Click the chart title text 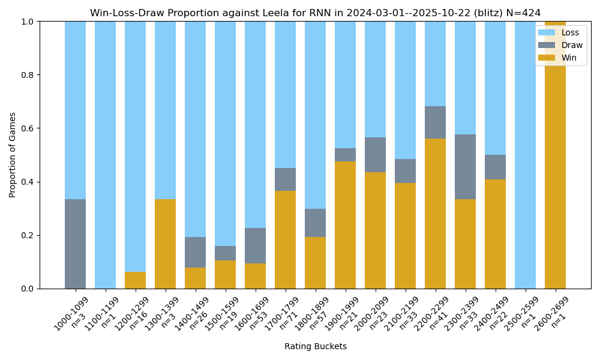315,13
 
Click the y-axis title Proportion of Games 13,155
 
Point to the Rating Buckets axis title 315,346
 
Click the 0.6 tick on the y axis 28,128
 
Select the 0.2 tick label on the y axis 28,235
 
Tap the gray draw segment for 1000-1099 75,244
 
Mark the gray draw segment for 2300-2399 465,167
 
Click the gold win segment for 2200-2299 435,214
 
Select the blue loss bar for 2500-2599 525,155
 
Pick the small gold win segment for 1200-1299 135,280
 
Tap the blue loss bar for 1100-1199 105,155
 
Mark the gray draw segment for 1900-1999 345,155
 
